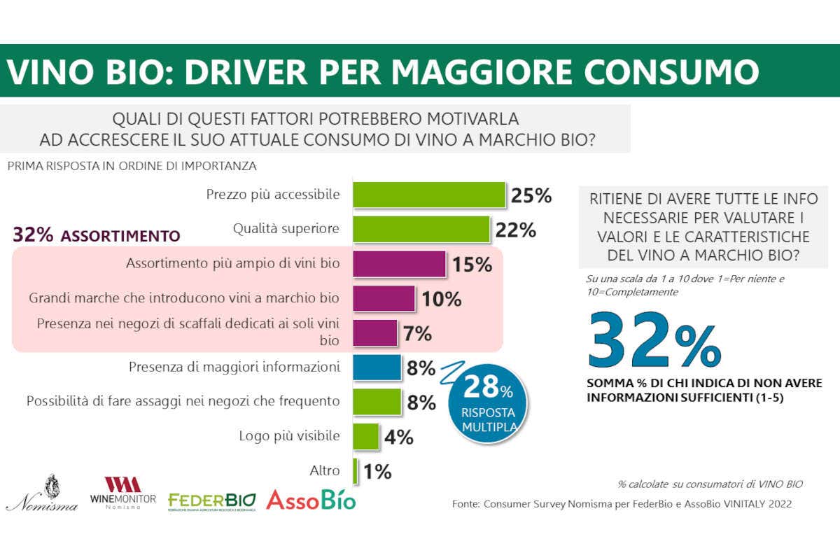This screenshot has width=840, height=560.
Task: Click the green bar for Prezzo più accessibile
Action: click(428, 195)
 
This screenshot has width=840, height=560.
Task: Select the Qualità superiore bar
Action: click(420, 229)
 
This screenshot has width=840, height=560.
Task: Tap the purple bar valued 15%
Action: click(399, 264)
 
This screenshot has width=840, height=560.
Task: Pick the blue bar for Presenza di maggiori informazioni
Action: click(377, 367)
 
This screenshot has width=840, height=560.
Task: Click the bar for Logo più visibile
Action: click(365, 436)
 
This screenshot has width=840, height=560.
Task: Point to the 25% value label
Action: click(531, 195)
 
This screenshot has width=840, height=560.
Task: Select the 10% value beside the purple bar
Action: click(441, 299)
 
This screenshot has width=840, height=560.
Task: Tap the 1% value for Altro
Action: click(377, 472)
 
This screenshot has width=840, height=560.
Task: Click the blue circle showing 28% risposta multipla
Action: click(487, 402)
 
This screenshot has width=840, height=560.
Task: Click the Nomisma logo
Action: click(42, 493)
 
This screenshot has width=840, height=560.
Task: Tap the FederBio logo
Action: click(212, 501)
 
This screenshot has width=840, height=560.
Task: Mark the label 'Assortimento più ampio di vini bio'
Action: click(232, 264)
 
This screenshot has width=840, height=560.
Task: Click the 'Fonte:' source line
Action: click(622, 503)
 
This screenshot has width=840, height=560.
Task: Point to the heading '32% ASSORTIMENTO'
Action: click(97, 235)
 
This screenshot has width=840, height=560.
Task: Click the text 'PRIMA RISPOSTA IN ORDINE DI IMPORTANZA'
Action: click(132, 167)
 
